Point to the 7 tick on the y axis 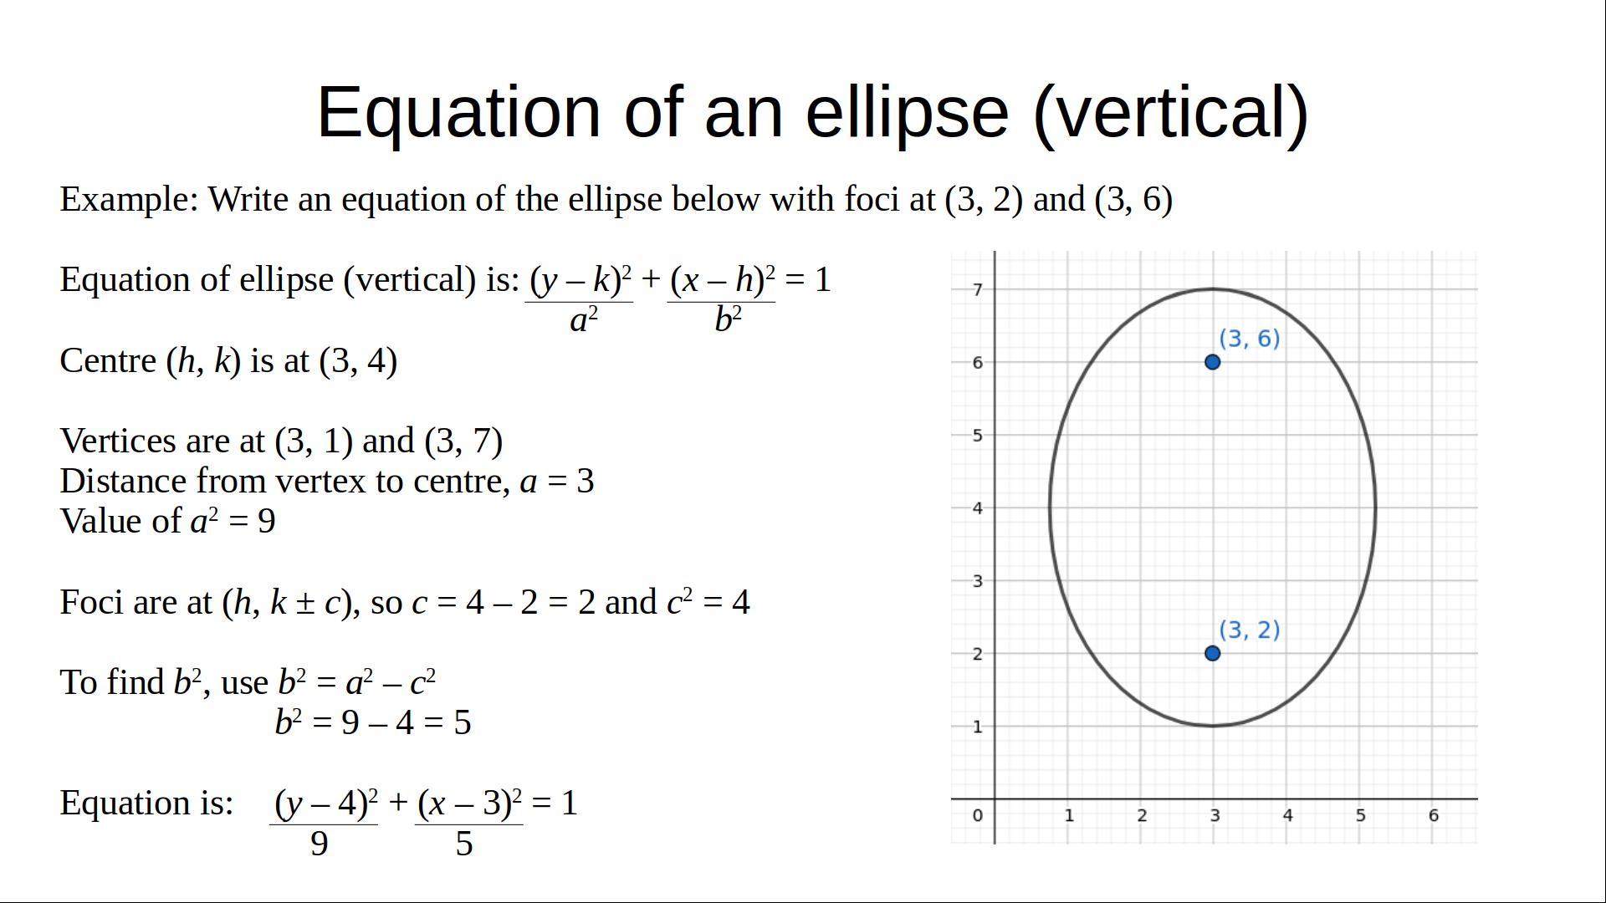977,289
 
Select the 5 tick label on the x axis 1361,815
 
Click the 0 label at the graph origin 977,815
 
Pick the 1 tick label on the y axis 977,727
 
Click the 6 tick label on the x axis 1434,815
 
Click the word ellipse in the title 908,114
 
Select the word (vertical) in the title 1171,114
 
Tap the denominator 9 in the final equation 320,844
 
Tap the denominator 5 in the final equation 464,844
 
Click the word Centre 108,361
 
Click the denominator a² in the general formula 584,319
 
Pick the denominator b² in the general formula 728,319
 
